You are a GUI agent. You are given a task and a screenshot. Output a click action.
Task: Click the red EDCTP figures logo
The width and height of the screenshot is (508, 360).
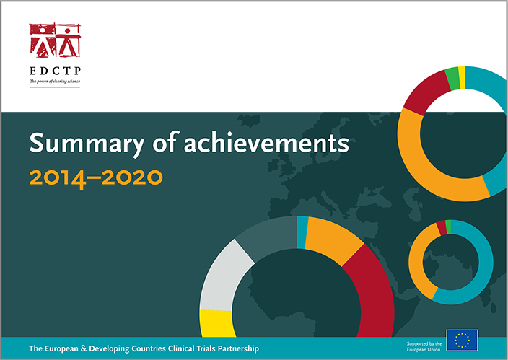pos(53,40)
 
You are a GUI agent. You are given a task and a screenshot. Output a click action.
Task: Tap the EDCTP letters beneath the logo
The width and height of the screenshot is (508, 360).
pos(53,72)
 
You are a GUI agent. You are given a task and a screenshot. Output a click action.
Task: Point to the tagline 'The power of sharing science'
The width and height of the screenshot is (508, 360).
pos(53,82)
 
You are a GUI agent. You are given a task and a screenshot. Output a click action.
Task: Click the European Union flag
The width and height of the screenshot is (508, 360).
pos(462,340)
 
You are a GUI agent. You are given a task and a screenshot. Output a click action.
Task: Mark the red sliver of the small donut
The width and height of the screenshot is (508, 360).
pos(442,228)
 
